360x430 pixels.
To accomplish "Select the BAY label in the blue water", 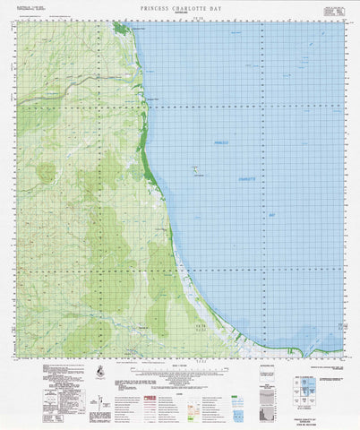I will point(271,216).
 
